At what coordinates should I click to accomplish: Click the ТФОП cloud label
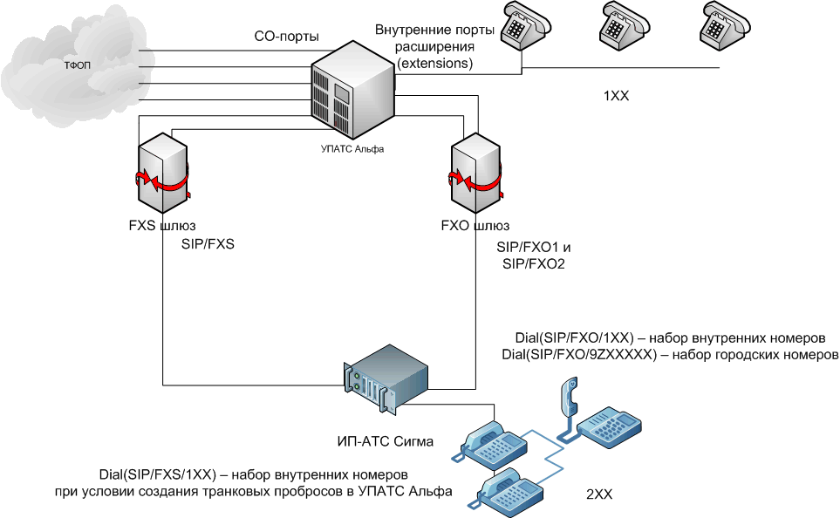(77, 66)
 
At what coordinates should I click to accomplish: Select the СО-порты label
(286, 37)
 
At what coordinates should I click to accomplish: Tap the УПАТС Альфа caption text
(353, 149)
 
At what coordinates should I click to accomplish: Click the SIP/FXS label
(208, 245)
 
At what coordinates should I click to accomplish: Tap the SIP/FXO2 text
(534, 264)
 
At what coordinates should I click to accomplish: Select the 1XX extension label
(616, 97)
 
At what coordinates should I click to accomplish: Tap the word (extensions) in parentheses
(435, 64)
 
